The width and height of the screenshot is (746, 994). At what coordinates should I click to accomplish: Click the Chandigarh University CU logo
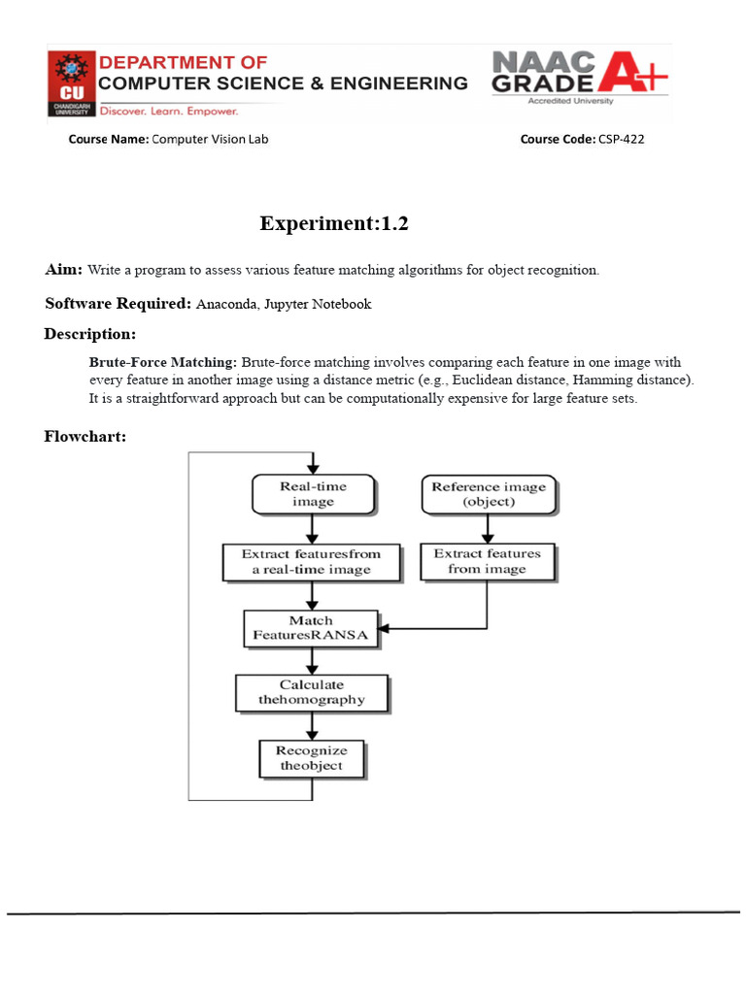click(71, 84)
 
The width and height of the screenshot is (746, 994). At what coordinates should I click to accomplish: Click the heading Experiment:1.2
click(334, 223)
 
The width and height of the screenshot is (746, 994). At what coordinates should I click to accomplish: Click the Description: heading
click(89, 334)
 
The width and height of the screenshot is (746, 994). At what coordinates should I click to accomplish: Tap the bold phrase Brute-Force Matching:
click(163, 362)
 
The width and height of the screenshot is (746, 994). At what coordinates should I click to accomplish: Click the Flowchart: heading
click(85, 436)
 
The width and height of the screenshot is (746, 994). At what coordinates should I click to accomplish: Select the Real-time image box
click(313, 494)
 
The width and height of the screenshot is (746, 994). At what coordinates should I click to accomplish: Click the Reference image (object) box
click(489, 494)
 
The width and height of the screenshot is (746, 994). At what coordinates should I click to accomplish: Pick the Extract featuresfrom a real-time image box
click(311, 561)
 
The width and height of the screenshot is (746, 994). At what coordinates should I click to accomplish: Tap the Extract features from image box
click(487, 561)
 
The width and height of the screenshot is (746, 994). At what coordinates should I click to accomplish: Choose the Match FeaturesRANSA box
click(311, 629)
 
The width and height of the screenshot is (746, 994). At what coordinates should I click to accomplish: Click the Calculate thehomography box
click(312, 692)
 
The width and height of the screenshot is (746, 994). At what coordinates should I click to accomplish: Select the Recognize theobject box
click(311, 758)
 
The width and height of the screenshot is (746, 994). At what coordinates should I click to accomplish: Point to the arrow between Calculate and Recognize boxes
click(312, 725)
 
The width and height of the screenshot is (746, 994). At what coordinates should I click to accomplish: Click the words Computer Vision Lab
click(210, 139)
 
